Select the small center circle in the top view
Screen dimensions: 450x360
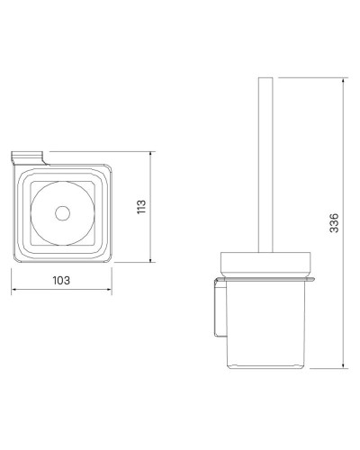[x=61, y=213]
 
